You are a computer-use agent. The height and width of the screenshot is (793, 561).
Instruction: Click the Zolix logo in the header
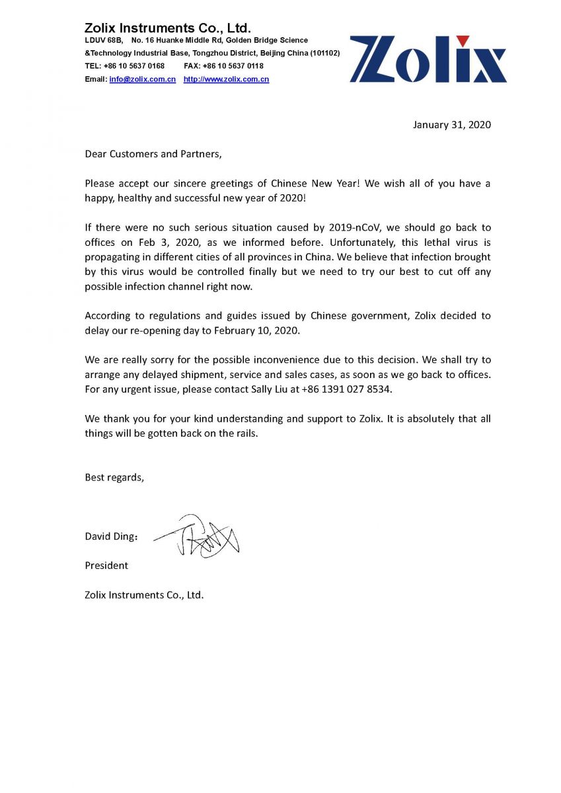click(x=428, y=59)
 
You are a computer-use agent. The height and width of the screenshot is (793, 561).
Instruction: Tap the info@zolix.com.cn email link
click(x=142, y=79)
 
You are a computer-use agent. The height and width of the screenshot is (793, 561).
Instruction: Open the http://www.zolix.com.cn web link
click(x=226, y=79)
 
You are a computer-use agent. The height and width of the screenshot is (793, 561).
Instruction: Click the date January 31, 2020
click(x=451, y=124)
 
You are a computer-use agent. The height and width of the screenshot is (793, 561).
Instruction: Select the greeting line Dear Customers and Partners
click(x=153, y=154)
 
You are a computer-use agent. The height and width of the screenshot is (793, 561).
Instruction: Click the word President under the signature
click(x=106, y=565)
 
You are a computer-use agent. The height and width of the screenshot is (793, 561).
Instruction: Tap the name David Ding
click(x=109, y=536)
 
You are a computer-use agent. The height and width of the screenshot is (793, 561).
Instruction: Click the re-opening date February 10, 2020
click(x=260, y=330)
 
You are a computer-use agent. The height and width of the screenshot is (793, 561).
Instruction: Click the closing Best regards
click(x=114, y=476)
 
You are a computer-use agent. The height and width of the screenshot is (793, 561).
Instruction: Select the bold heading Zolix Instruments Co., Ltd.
click(x=167, y=28)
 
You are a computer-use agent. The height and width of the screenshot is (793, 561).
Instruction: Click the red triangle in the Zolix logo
click(x=463, y=41)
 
